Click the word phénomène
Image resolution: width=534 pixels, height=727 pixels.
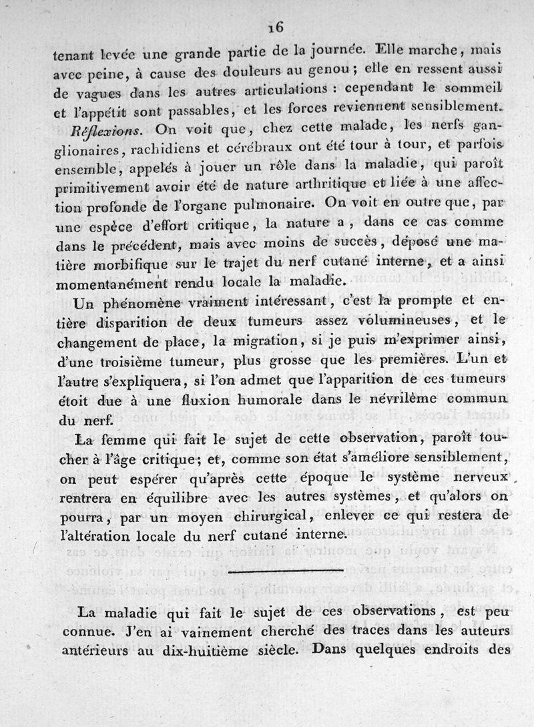(141, 304)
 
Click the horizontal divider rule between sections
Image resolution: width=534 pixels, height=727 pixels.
(284, 572)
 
